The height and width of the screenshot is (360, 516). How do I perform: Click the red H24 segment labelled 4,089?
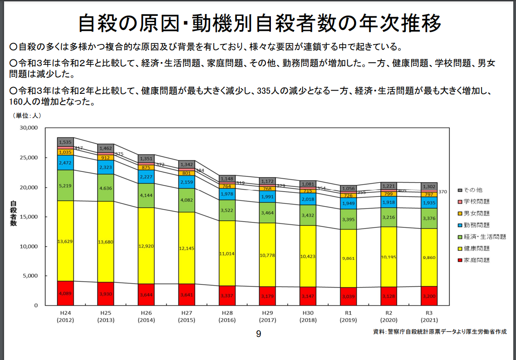click(x=65, y=293)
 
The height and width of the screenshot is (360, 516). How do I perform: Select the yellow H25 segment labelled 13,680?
click(x=105, y=242)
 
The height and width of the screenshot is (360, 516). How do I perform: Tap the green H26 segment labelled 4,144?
click(x=146, y=195)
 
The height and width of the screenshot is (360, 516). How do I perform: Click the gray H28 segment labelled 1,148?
click(x=227, y=179)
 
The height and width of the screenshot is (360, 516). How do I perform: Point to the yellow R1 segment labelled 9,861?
click(x=348, y=258)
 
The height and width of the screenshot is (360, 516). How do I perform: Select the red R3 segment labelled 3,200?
click(x=429, y=296)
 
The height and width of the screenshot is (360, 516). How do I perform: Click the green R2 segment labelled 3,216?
click(x=388, y=218)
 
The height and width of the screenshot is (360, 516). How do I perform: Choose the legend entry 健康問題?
click(x=476, y=248)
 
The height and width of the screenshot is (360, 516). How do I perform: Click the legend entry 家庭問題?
click(x=476, y=260)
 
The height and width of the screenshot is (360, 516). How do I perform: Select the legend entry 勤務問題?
click(x=476, y=225)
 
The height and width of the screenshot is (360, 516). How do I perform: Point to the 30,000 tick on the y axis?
click(x=29, y=128)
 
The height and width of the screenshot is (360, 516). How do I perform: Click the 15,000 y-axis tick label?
click(x=29, y=217)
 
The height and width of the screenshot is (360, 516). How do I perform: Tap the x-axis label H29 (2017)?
click(x=267, y=316)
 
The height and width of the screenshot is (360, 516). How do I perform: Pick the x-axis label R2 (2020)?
click(x=388, y=316)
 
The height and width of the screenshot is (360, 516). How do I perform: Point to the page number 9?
click(x=258, y=334)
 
